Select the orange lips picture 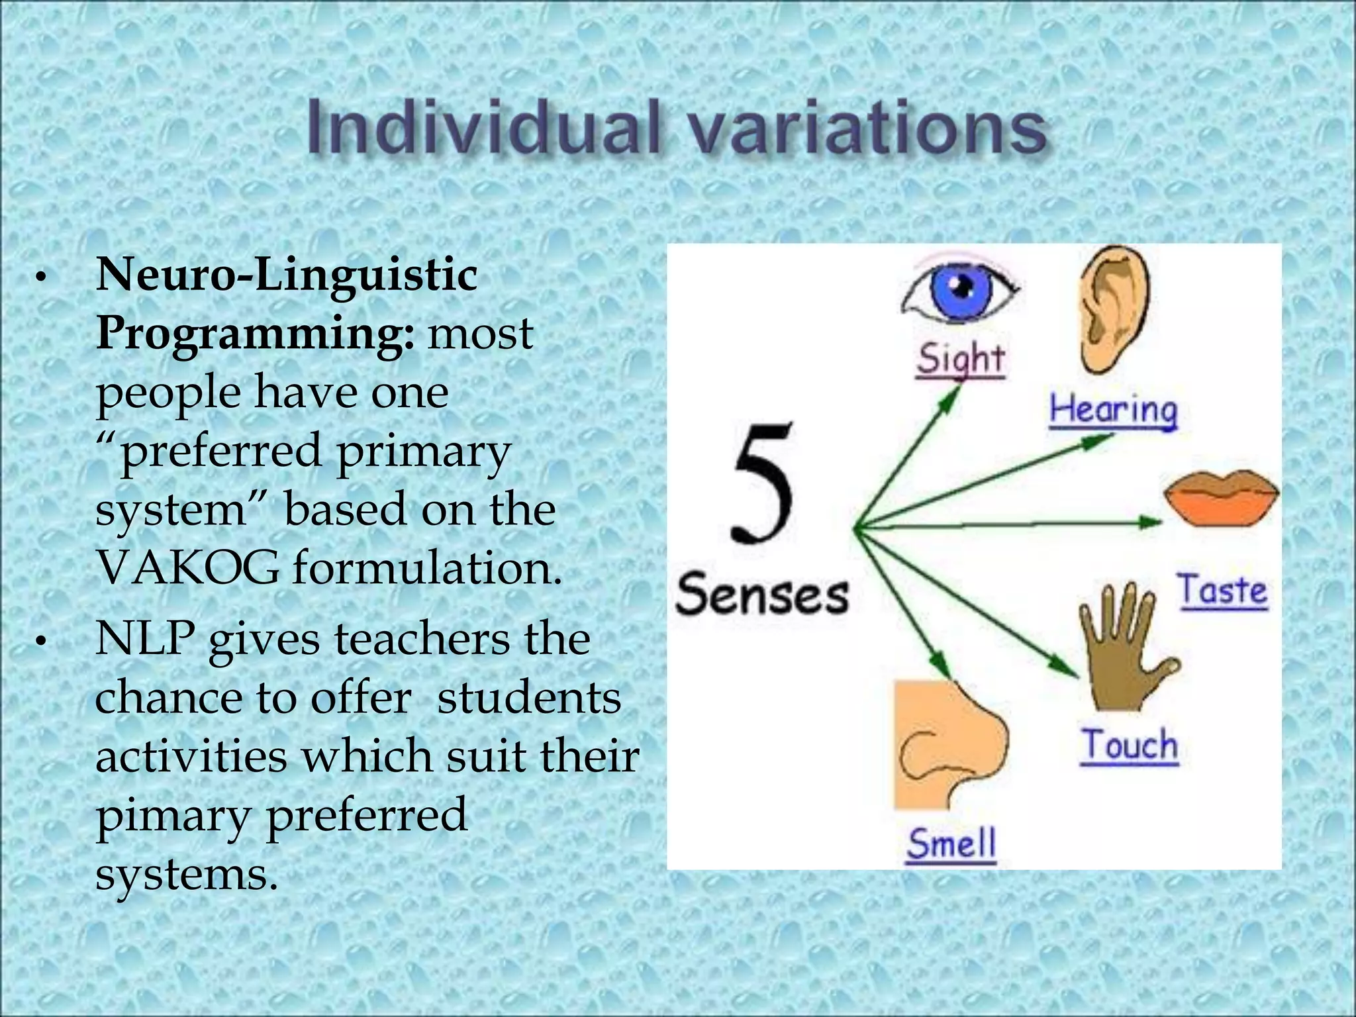click(x=1222, y=498)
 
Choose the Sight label click(x=961, y=360)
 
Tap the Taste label click(x=1222, y=591)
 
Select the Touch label click(x=1130, y=746)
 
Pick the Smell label click(x=951, y=845)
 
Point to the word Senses click(x=761, y=594)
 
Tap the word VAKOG click(x=188, y=568)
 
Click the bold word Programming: click(x=256, y=334)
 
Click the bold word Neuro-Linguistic click(x=287, y=274)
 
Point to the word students click(x=530, y=698)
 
